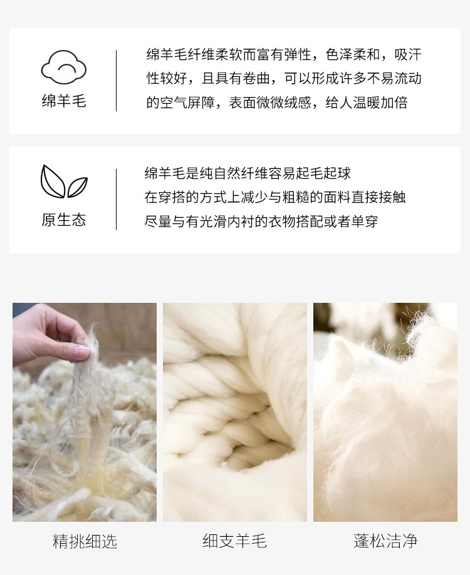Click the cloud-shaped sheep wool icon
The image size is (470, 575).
(63, 67)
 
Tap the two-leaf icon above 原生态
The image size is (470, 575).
(64, 181)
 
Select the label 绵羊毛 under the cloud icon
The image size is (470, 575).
(64, 101)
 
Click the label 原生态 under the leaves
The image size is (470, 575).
(64, 220)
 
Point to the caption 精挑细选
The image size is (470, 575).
(85, 541)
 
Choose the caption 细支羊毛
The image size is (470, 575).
(234, 541)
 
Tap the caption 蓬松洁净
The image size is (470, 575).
(385, 541)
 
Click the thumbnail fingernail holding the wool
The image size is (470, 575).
(82, 351)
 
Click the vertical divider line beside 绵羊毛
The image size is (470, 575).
(117, 81)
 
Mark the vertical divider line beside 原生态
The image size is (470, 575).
(117, 200)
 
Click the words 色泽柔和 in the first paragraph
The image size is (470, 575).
(352, 54)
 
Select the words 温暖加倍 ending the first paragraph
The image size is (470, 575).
(380, 103)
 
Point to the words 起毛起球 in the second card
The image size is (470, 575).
(323, 173)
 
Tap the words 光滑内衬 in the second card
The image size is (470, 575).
(227, 221)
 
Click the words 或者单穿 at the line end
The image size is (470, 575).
(351, 221)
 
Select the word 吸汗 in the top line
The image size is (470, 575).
(408, 54)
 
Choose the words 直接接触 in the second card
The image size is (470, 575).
(379, 197)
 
